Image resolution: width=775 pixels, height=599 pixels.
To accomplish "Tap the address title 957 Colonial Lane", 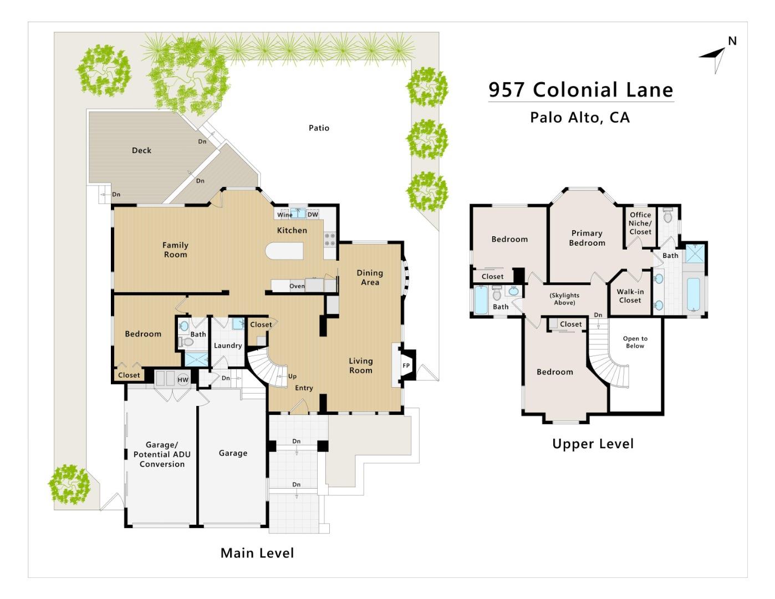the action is point(580,89).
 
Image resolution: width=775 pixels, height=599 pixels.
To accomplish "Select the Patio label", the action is point(319,128).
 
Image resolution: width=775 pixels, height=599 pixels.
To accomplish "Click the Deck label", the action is point(141,150).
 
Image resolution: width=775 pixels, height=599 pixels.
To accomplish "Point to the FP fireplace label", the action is point(406,366).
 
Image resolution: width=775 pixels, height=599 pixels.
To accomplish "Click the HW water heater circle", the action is point(183,379).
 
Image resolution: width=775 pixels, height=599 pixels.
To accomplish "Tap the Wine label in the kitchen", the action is point(284,215).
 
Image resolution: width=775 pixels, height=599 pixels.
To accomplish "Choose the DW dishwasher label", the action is point(313,215).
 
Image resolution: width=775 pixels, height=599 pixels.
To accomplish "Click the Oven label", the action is point(297,286).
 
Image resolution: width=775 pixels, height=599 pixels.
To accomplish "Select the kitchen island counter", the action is point(284,251).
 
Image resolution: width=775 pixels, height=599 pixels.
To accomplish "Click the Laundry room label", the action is point(228,346).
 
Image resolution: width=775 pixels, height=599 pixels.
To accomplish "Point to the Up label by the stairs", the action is point(292,376).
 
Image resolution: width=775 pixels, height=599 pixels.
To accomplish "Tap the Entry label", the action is point(304,388).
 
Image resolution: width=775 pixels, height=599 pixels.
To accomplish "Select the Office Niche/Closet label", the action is point(640,224).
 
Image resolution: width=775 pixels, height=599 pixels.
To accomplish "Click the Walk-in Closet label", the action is point(630,296).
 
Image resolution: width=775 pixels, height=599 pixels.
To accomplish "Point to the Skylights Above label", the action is point(564,299).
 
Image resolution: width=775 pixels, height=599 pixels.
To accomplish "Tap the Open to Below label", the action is point(635,342).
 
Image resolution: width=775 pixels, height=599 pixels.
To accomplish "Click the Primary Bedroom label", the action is point(587,238).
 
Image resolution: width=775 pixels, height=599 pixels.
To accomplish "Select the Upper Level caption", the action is point(593,444).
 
